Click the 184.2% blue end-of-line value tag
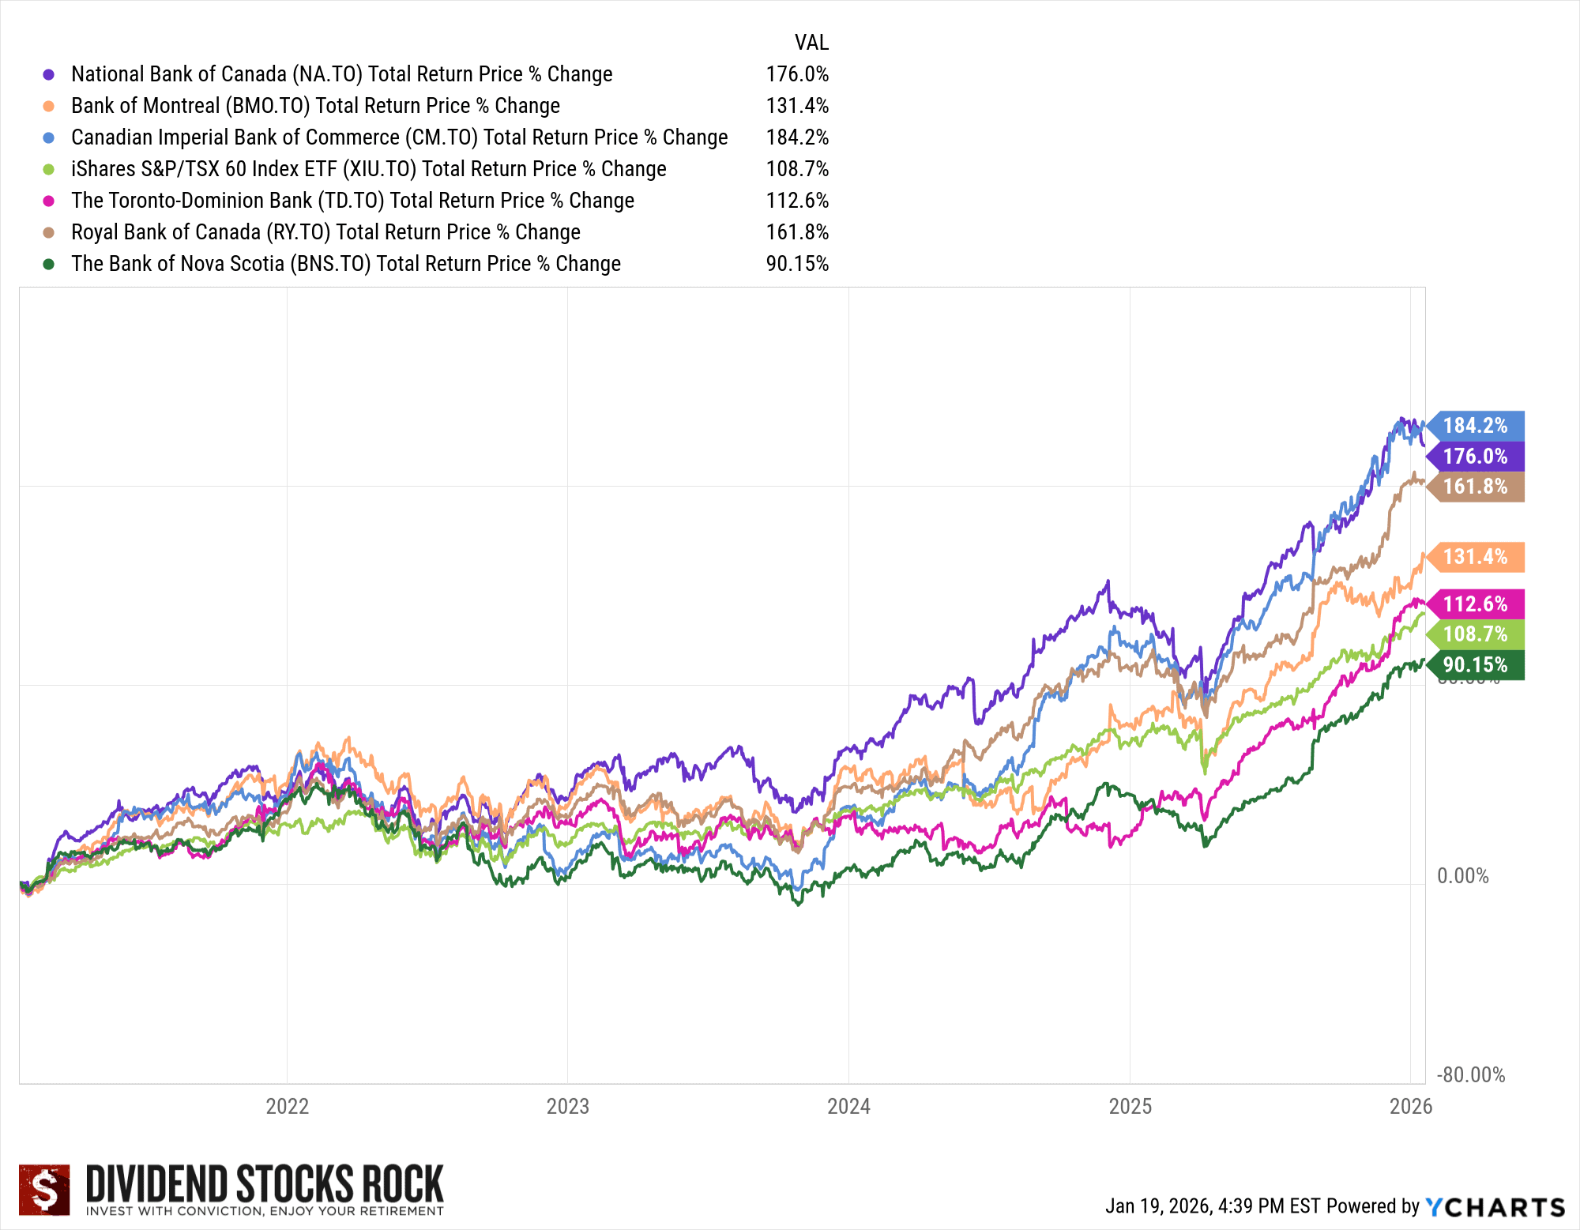coord(1476,426)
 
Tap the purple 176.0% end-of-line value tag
coord(1476,457)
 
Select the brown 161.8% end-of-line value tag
coord(1476,487)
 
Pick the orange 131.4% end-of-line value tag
coord(1476,557)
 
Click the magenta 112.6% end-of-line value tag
coord(1476,604)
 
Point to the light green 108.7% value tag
coord(1476,634)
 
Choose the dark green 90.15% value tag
coord(1476,665)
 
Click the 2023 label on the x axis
coord(567,1106)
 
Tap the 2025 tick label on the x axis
coord(1130,1106)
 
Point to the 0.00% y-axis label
coord(1462,876)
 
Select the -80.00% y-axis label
coord(1470,1075)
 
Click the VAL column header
coord(811,43)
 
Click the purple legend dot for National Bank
coord(49,74)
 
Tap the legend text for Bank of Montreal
coord(315,106)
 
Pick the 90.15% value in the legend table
coord(797,264)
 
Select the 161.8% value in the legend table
coord(797,232)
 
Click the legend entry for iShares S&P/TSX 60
coord(368,169)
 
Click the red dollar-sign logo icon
coord(44,1189)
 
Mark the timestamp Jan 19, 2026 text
coord(1212,1206)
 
